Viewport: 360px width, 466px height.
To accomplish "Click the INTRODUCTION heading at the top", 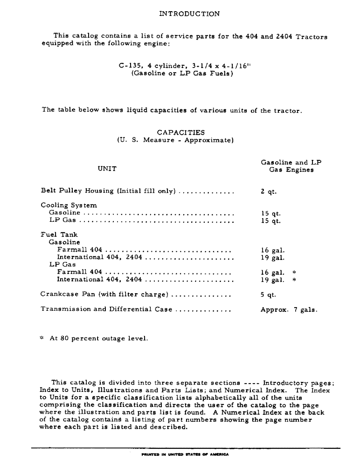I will click(189, 14).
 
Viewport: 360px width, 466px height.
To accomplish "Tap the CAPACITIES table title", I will click(180, 132).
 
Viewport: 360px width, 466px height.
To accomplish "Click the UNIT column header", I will click(107, 169).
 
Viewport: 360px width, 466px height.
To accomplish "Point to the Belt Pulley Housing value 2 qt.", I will click(268, 191).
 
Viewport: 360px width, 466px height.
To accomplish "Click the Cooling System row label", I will click(69, 205).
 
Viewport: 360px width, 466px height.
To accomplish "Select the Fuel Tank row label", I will click(59, 235).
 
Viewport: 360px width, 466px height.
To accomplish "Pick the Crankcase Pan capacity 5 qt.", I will click(268, 295).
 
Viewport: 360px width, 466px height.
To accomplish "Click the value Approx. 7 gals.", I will click(289, 309).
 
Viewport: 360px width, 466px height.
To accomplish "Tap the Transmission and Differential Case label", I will click(106, 309).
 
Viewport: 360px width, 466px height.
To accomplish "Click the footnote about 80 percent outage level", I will click(95, 339).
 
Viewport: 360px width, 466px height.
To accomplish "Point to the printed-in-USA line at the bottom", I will click(180, 453).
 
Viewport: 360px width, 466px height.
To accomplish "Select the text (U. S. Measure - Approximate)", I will click(175, 140).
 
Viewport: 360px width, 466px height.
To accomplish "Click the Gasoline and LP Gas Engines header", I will click(291, 166).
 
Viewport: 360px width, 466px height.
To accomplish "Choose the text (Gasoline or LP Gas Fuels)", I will click(182, 74).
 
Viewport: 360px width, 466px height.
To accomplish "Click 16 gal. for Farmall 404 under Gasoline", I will click(272, 250).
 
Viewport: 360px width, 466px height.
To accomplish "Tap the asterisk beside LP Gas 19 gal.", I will click(294, 280).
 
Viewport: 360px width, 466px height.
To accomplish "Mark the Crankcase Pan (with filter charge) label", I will click(104, 295).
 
